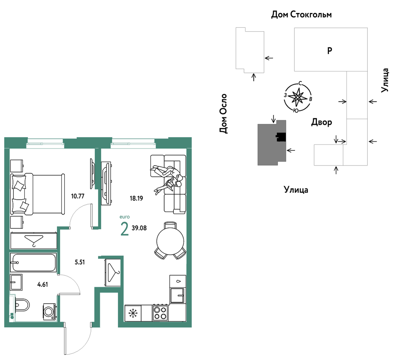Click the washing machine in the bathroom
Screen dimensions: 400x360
click(49, 311)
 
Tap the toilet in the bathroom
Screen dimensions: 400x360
click(22, 305)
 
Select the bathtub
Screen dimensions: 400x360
click(33, 263)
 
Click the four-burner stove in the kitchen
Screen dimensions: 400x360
click(160, 313)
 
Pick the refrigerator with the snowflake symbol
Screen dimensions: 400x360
click(133, 313)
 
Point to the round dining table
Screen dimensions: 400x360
click(170, 241)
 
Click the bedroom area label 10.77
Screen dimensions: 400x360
click(77, 196)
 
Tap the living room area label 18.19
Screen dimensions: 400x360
click(136, 198)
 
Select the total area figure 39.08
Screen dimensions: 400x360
click(139, 228)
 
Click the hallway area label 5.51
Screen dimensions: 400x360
click(79, 262)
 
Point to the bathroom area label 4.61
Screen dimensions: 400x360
click(43, 284)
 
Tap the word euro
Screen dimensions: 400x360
click(125, 217)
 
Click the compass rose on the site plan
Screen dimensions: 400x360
click(298, 97)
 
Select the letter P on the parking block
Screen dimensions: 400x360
click(330, 51)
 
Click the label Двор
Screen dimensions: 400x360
click(322, 122)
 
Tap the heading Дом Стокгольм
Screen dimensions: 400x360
click(301, 15)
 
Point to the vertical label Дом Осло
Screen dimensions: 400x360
click(223, 113)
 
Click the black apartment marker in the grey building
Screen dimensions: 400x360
click(281, 137)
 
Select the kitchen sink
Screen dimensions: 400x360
click(177, 295)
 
